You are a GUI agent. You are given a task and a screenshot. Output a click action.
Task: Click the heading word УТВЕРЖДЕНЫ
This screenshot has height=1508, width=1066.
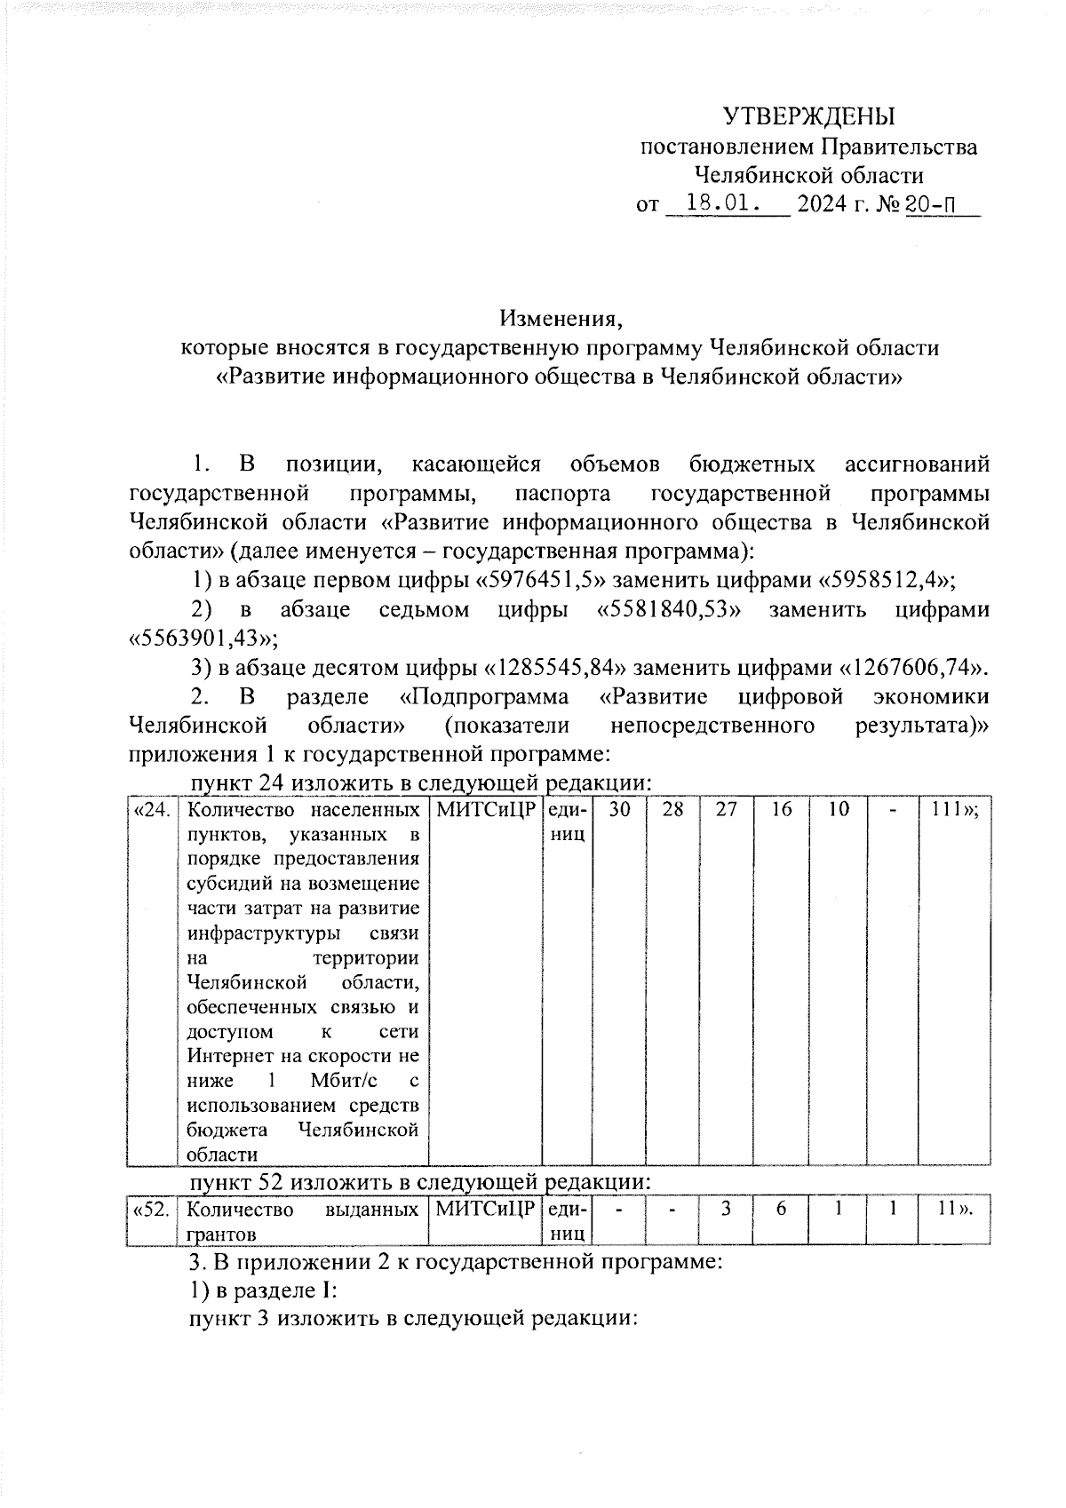coord(807,116)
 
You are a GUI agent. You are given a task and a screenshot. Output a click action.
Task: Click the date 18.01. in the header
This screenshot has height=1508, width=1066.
coord(725,204)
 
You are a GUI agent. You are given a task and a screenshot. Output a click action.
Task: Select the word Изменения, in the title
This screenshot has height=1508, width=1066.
coord(558,318)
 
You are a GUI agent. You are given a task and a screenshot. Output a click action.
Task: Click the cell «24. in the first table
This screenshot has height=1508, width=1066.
coord(152,810)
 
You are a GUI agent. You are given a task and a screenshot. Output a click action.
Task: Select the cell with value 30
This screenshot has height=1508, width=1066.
coord(619,810)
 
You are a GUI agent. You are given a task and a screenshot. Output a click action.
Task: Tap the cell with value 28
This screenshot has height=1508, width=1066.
coord(672,810)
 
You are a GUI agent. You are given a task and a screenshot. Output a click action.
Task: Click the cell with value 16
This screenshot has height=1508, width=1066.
coord(781,810)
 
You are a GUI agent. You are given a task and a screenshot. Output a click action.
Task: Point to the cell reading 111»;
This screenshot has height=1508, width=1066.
coord(954,810)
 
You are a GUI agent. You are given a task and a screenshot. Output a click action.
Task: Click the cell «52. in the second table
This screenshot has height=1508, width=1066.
coord(152,1210)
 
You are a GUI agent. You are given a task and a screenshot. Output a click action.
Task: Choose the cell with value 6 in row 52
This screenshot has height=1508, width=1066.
coord(781,1210)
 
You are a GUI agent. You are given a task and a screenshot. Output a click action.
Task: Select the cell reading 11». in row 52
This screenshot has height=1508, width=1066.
coord(954,1210)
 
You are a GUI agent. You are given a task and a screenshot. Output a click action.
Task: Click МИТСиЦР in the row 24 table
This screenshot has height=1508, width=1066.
coord(485,810)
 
